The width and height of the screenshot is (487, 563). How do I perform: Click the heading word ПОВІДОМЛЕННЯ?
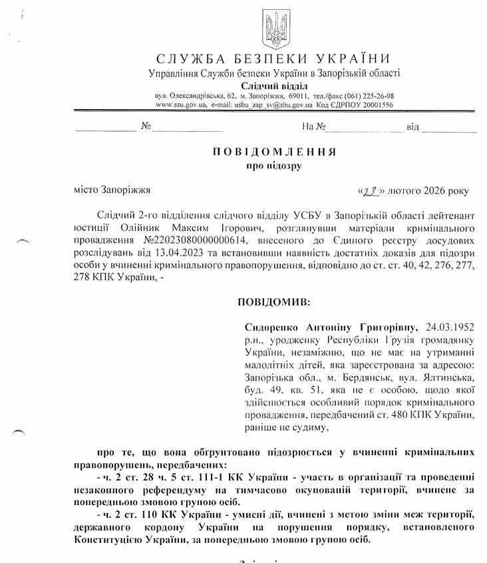(273, 152)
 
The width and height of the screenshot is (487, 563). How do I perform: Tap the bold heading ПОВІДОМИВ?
(273, 303)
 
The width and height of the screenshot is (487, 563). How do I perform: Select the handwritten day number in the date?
(370, 191)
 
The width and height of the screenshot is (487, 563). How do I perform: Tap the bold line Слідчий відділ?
(274, 85)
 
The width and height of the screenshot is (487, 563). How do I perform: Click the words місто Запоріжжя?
(112, 190)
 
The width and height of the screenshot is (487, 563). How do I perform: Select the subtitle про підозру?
(273, 166)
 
